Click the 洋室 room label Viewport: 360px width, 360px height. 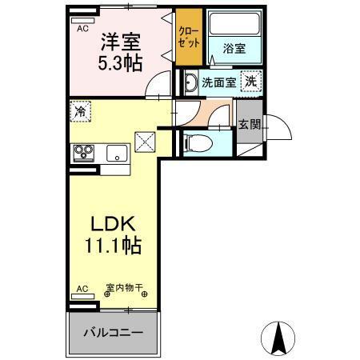120,41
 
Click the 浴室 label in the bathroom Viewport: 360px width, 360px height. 234,49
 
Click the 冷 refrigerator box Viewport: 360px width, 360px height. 80,111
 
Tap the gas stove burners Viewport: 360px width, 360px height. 83,152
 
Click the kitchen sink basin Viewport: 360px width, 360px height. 115,153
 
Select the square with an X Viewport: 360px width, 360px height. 146,143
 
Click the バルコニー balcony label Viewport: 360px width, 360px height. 112,331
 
